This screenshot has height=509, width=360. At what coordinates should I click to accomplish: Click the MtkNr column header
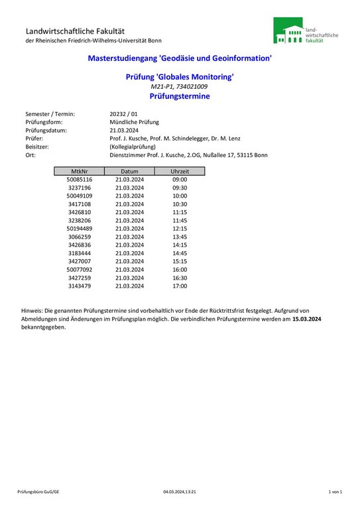[80, 172]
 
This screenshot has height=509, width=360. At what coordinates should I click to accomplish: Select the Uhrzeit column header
[180, 172]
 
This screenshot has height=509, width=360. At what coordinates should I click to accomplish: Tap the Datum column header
[129, 172]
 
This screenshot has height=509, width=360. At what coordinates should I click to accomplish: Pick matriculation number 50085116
[80, 180]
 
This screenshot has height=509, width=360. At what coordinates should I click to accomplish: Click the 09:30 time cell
[180, 188]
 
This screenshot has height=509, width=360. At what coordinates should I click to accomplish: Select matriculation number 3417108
[80, 204]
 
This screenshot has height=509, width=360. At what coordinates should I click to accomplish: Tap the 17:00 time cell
[180, 286]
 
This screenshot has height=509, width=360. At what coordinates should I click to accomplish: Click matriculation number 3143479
[80, 286]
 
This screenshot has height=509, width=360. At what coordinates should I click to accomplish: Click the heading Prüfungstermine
[180, 96]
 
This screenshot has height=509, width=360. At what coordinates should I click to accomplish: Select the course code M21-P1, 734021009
[180, 87]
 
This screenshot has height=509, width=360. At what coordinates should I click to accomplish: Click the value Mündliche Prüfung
[135, 122]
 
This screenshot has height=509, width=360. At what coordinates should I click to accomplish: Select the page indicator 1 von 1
[335, 492]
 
